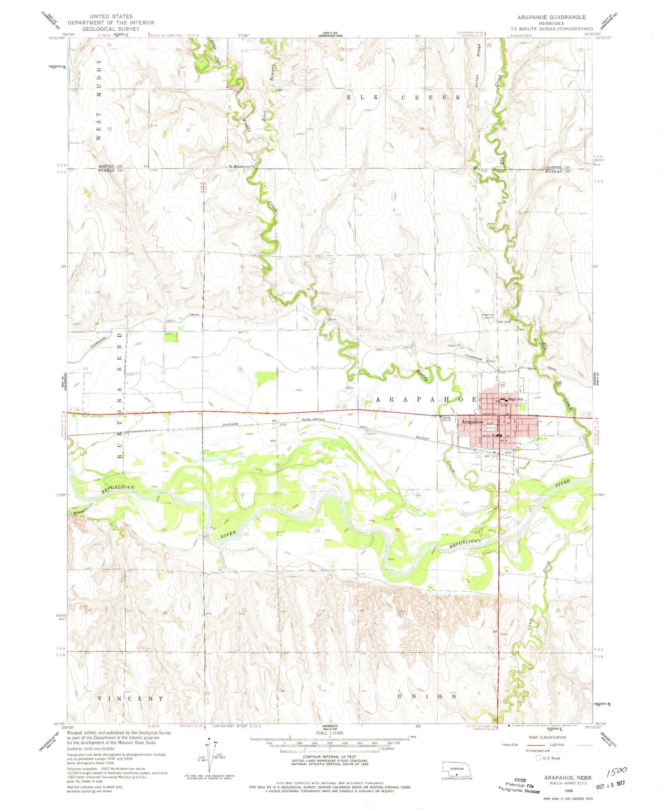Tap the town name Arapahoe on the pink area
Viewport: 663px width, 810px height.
click(x=472, y=422)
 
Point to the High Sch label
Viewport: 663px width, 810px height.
click(x=516, y=399)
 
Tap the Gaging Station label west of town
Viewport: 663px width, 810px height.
click(x=446, y=418)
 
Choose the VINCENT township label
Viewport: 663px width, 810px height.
click(x=131, y=699)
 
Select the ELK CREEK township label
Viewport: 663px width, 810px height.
click(x=403, y=98)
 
